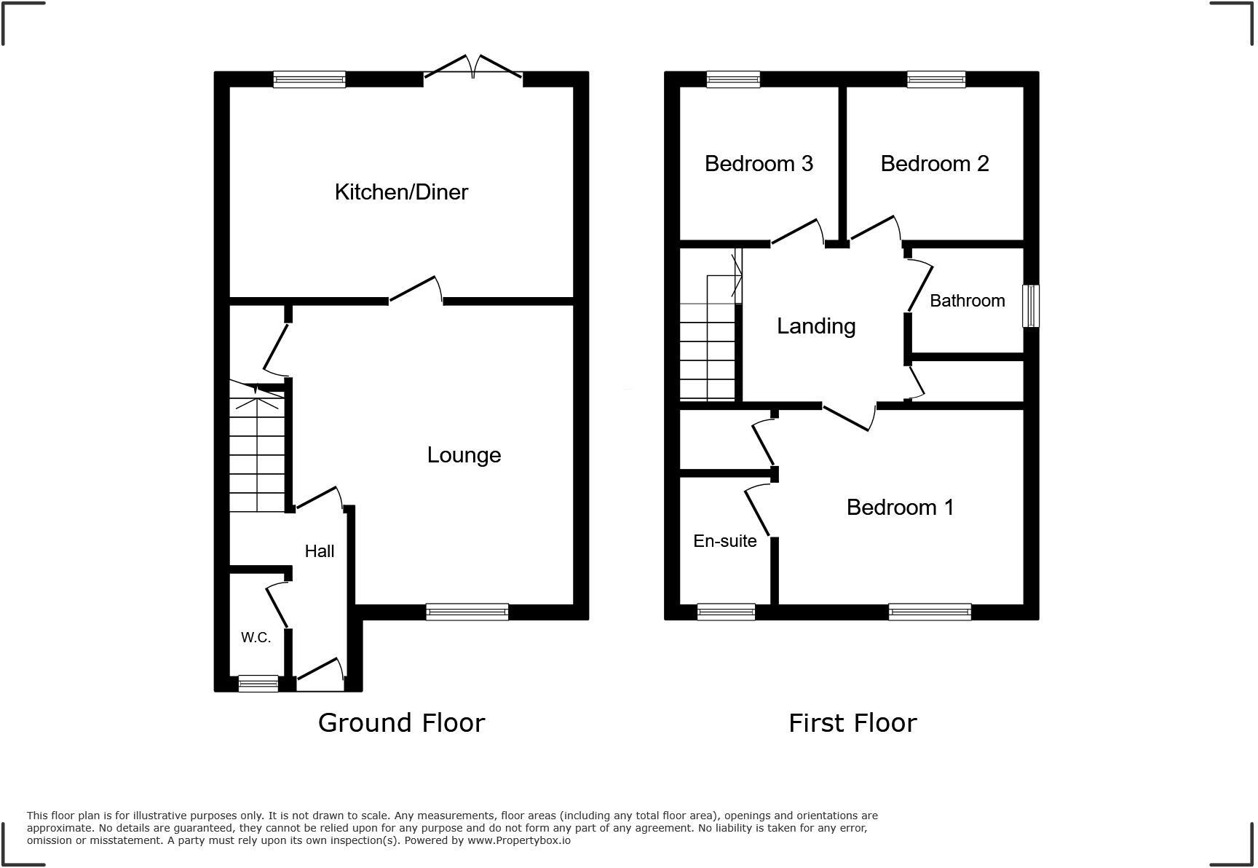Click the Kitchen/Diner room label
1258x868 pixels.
click(401, 192)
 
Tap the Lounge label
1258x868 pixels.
click(464, 455)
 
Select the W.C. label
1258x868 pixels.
click(256, 637)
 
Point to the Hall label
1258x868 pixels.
click(320, 551)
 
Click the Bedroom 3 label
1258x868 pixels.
click(759, 164)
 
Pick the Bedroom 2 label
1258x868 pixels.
click(935, 164)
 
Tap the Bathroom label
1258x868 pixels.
click(967, 301)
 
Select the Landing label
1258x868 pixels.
click(816, 326)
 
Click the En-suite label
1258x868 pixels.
click(725, 541)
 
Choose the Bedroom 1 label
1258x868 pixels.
click(900, 508)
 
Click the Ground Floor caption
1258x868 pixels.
click(401, 723)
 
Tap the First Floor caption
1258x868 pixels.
click(852, 723)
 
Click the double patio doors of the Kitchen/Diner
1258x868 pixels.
click(473, 69)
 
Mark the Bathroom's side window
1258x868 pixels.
click(1031, 306)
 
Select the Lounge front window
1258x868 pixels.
click(467, 612)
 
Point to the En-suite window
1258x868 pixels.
click(726, 612)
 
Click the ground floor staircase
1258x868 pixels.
click(257, 451)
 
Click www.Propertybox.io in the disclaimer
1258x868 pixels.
click(519, 840)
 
